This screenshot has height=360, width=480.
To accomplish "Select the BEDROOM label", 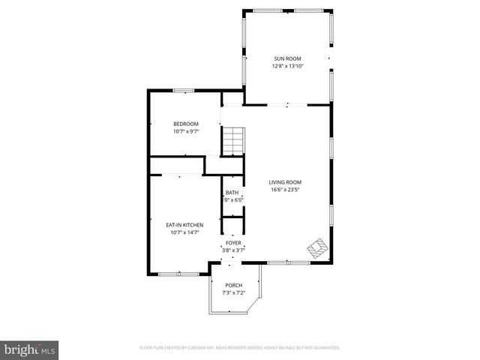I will point(185,124).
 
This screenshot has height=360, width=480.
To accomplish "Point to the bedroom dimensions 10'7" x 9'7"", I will point(185,131).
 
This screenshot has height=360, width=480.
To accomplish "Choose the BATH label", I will point(232,193).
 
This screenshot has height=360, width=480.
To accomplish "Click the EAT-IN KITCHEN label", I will point(184,224).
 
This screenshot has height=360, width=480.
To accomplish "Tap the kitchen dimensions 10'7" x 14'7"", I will point(184,232).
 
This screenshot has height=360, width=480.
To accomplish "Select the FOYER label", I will point(233,243).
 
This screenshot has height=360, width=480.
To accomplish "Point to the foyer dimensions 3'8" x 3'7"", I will point(233,250).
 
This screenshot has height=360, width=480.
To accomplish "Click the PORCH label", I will point(233,285).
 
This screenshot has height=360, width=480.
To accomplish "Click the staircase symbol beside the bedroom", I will point(232,139).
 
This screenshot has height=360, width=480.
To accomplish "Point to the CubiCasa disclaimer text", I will point(240,348).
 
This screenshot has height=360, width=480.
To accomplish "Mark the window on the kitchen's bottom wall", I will point(179,272).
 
